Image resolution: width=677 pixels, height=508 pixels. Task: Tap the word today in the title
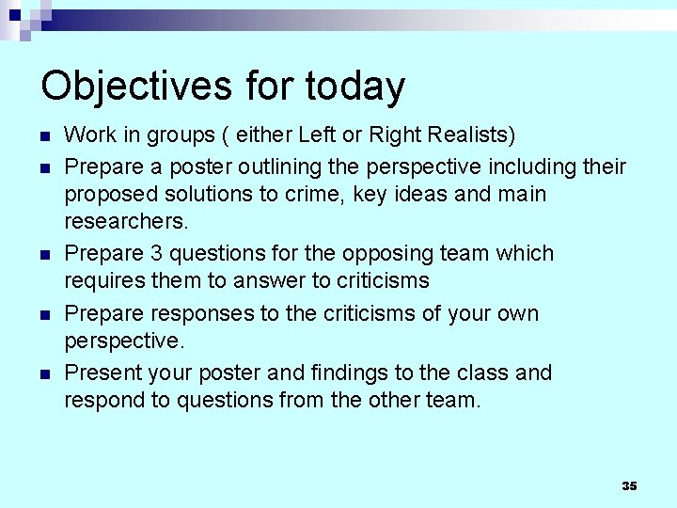point(354,86)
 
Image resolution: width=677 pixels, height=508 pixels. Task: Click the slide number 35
point(629,485)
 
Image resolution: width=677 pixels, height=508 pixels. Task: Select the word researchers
point(125,221)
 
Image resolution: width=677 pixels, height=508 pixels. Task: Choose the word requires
point(100,280)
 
